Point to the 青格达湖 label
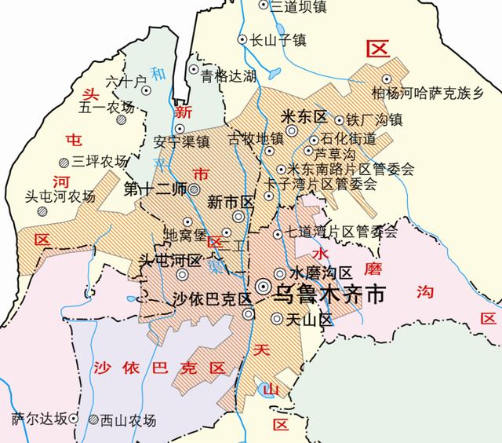point(229,76)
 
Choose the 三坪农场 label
point(99,163)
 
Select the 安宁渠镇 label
point(181,142)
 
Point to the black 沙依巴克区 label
point(211,299)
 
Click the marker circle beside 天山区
point(276,318)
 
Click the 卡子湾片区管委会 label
point(333,184)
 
